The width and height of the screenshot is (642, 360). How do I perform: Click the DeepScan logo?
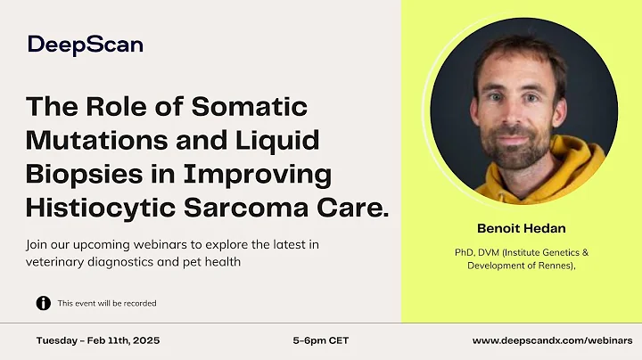pos(85,45)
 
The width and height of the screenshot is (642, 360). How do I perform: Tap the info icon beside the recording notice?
pos(43,303)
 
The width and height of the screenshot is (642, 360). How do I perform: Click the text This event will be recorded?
pos(107,303)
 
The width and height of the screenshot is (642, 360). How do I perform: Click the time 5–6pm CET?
pos(321,340)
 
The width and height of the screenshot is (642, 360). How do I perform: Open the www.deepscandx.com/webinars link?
pos(552,340)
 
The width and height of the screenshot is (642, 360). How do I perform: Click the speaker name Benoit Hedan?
pos(522,228)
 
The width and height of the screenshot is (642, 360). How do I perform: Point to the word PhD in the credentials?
pos(464,252)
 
